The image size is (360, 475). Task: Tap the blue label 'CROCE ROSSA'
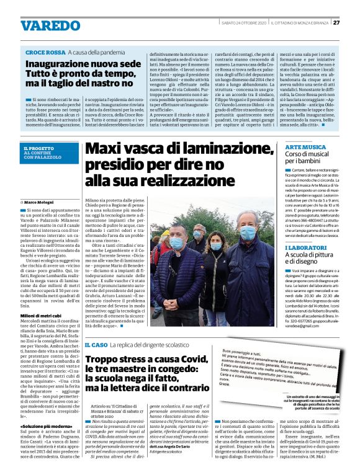pos(45,53)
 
